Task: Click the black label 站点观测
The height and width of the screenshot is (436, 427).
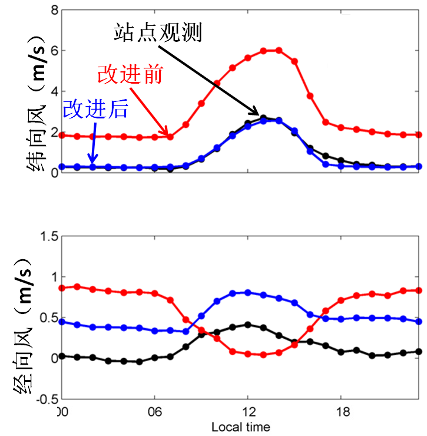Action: pyautogui.click(x=158, y=32)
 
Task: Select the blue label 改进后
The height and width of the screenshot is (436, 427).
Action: pyautogui.click(x=95, y=108)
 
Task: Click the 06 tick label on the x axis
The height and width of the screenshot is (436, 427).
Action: pyautogui.click(x=154, y=410)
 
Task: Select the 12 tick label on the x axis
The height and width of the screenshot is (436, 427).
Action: pyautogui.click(x=248, y=410)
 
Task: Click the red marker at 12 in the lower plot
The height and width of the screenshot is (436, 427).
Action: pyautogui.click(x=248, y=354)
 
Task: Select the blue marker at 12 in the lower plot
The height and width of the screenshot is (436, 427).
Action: pyautogui.click(x=248, y=292)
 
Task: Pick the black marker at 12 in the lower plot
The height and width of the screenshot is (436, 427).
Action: pyautogui.click(x=248, y=325)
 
